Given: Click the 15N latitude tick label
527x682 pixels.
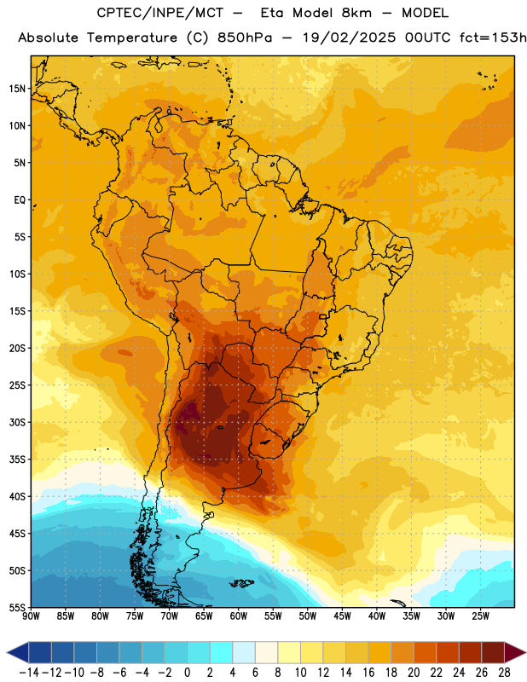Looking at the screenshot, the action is point(17,89).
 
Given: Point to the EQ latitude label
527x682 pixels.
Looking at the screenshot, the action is point(20,200).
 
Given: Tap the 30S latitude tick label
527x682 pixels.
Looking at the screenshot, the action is point(17,422).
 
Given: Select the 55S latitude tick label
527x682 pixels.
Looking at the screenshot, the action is point(17,608).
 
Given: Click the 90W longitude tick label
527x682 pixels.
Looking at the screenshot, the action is point(31,616).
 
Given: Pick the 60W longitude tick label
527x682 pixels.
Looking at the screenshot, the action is point(239,616).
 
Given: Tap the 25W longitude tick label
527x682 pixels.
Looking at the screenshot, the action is point(480,616).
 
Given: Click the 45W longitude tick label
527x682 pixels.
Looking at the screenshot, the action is point(342,616).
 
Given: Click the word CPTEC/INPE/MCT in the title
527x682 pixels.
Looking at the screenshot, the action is point(160,13).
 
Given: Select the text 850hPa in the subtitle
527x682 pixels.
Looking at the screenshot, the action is point(245,38).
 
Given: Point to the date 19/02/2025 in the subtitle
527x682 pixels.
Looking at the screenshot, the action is point(350,38).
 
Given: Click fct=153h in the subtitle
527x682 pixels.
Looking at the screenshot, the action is point(493,38).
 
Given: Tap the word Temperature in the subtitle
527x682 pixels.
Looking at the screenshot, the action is point(132,38).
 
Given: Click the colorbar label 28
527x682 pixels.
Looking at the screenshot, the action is point(504,673).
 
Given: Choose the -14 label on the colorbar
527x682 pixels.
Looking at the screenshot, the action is point(29,673).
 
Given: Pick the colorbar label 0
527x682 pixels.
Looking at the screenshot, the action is point(187,673).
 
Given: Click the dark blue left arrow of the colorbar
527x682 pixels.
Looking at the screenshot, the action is point(18,652).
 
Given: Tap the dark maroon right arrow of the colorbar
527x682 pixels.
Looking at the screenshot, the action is point(515,652).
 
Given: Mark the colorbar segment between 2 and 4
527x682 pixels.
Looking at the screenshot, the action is point(221,652).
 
